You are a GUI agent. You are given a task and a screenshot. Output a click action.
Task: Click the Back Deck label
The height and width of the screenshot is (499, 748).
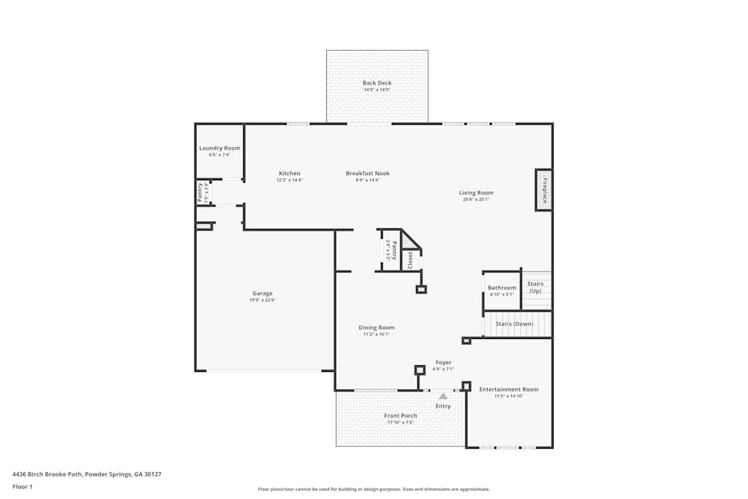coord(377,83)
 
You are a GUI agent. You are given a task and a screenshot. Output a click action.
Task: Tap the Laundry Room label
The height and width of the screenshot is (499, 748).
coord(220,148)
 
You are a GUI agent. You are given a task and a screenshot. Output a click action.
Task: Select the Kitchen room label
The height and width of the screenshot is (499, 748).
coord(289,174)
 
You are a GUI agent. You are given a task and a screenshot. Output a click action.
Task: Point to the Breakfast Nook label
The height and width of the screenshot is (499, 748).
coord(367,174)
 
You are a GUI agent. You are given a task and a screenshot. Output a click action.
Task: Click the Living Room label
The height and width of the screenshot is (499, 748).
coord(476,193)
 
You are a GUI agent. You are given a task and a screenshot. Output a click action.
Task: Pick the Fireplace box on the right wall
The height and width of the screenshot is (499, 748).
coord(544,190)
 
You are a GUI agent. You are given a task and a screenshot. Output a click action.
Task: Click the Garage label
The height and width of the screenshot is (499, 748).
coord(262,293)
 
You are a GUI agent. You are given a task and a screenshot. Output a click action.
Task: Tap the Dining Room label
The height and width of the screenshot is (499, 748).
coord(376,328)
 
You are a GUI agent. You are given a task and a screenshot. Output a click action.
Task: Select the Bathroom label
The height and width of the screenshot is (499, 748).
coord(502,288)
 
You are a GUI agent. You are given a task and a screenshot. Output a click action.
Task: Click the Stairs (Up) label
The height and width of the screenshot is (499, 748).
coord(536,287)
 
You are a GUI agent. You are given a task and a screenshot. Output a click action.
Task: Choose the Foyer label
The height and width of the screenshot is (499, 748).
coord(444,363)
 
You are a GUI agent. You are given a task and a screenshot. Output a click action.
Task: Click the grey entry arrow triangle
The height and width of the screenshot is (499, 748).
coord(443,396)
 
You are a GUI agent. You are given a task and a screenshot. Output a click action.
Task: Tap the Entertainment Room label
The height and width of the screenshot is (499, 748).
coord(509,390)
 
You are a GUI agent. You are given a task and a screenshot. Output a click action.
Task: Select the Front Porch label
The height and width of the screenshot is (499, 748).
coord(400,416)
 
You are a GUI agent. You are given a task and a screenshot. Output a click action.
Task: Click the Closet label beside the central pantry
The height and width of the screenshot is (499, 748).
coord(410,260)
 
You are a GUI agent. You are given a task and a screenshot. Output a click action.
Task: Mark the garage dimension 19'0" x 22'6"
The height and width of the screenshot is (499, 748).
coord(262,300)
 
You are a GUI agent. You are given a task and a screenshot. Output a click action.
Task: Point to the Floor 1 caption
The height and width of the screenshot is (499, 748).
coord(22,486)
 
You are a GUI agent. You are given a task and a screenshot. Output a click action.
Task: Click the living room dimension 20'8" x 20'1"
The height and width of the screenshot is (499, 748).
coord(476,200)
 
